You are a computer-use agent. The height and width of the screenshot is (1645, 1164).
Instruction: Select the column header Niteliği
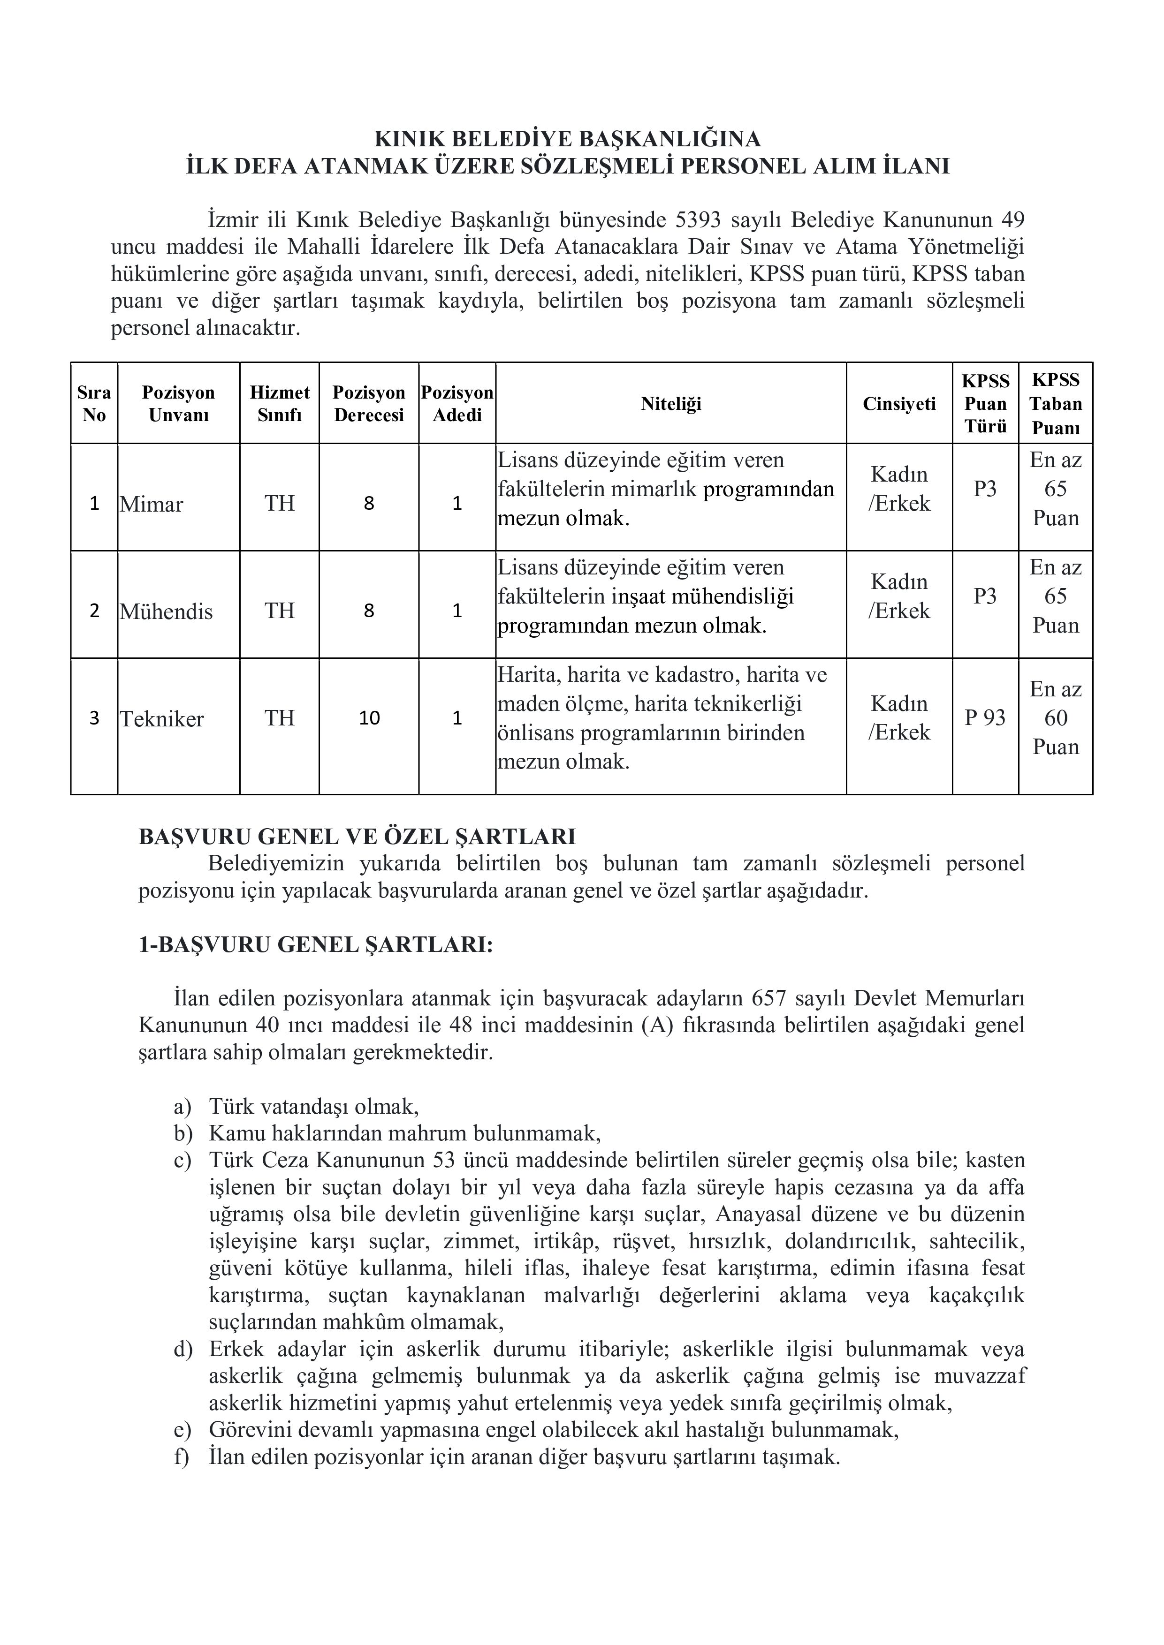[670, 403]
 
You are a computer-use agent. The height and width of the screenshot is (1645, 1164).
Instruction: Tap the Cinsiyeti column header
[899, 403]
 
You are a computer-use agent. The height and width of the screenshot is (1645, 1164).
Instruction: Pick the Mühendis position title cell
[166, 611]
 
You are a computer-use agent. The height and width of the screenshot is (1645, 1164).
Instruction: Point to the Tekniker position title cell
[162, 718]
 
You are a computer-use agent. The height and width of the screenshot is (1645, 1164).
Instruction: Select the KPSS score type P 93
[985, 718]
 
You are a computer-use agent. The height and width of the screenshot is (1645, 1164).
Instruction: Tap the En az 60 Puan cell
[1055, 718]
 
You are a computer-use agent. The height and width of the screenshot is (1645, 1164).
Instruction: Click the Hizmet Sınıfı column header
[280, 403]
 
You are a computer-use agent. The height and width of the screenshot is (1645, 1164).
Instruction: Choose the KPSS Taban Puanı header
[1055, 403]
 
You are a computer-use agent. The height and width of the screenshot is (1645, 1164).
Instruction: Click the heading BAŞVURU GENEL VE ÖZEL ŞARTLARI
[357, 837]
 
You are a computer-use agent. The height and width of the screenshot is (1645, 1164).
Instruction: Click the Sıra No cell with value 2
[94, 611]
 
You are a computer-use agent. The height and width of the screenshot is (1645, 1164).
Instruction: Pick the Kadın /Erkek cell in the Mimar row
[899, 490]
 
